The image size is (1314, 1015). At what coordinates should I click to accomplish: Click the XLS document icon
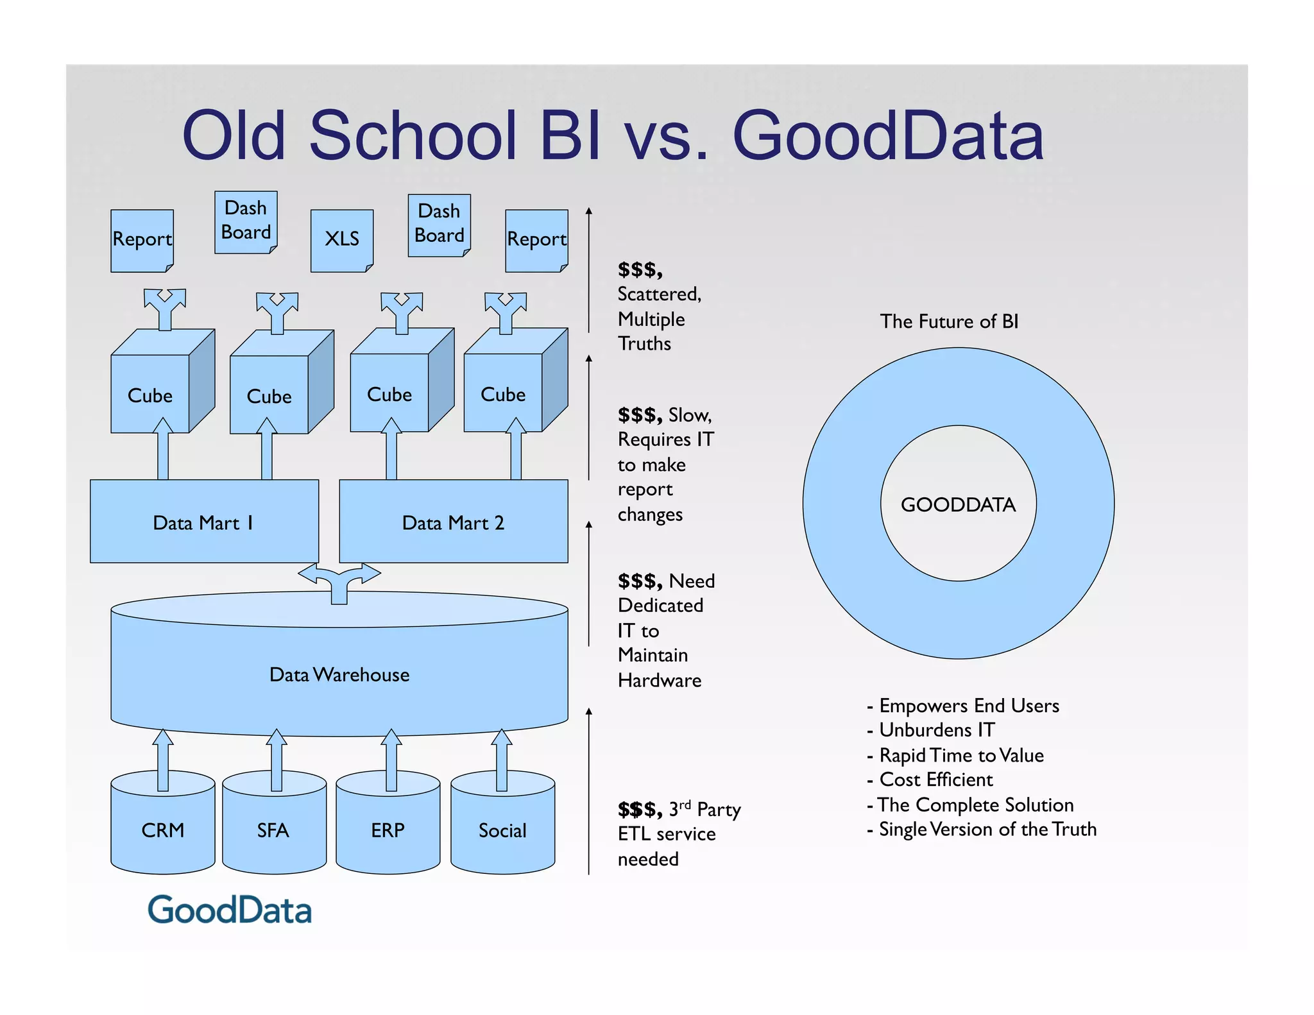[342, 240]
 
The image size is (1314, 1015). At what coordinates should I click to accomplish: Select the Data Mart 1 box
[204, 522]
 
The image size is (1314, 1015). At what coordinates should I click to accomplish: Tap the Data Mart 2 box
[453, 522]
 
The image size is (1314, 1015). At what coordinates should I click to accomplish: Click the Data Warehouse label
[339, 674]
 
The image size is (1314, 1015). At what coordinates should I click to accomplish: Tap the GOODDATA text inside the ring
[958, 504]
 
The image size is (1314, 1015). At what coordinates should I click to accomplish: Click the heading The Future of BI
[949, 321]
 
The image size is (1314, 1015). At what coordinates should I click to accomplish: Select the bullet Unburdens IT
[936, 730]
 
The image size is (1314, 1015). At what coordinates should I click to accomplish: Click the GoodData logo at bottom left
[230, 910]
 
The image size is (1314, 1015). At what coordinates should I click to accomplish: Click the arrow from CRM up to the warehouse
[163, 760]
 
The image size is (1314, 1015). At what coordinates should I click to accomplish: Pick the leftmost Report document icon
[142, 240]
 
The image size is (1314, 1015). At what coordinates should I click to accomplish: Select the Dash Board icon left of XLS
[246, 221]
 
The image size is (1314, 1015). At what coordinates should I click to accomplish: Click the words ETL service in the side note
[666, 834]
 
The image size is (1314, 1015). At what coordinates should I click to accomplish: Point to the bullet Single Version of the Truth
[987, 829]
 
